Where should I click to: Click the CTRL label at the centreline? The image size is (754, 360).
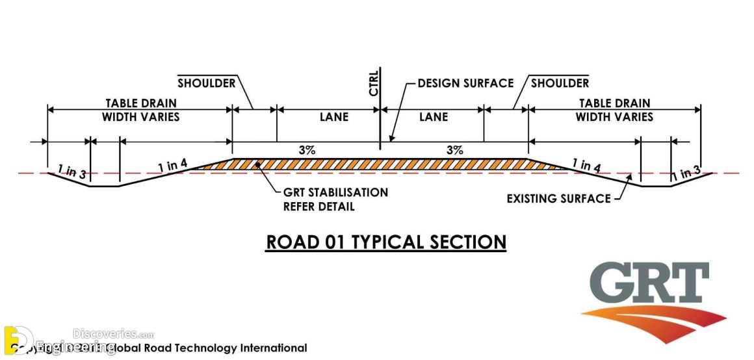click(374, 83)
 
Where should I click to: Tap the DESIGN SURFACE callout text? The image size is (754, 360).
click(465, 83)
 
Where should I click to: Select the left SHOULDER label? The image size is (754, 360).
click(206, 83)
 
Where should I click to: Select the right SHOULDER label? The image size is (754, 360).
click(560, 83)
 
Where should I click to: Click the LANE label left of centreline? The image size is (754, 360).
click(334, 117)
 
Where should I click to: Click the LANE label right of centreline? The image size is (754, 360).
click(434, 117)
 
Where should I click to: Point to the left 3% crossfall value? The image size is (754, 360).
click(307, 150)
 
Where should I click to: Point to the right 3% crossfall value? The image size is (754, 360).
click(455, 150)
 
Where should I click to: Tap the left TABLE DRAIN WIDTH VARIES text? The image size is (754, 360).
click(140, 110)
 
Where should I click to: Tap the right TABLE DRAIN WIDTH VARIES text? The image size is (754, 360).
click(614, 110)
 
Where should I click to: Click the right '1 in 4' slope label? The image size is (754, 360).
click(586, 166)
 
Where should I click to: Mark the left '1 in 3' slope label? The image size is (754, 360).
click(71, 173)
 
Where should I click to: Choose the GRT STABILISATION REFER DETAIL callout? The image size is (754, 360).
click(335, 199)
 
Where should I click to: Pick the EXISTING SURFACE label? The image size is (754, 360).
click(559, 198)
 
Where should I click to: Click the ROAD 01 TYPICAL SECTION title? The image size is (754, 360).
click(386, 242)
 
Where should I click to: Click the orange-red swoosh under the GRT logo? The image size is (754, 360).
click(656, 322)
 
